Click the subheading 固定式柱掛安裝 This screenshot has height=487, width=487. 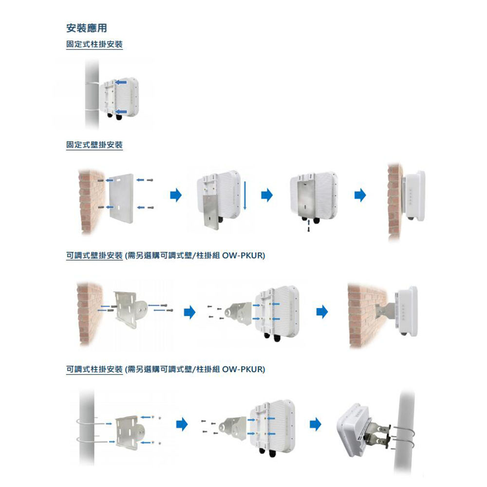click(94, 45)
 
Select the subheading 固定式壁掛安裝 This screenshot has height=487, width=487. click(94, 145)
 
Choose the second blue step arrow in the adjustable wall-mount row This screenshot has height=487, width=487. click(321, 311)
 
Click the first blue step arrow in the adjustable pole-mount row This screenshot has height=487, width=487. click(182, 424)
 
